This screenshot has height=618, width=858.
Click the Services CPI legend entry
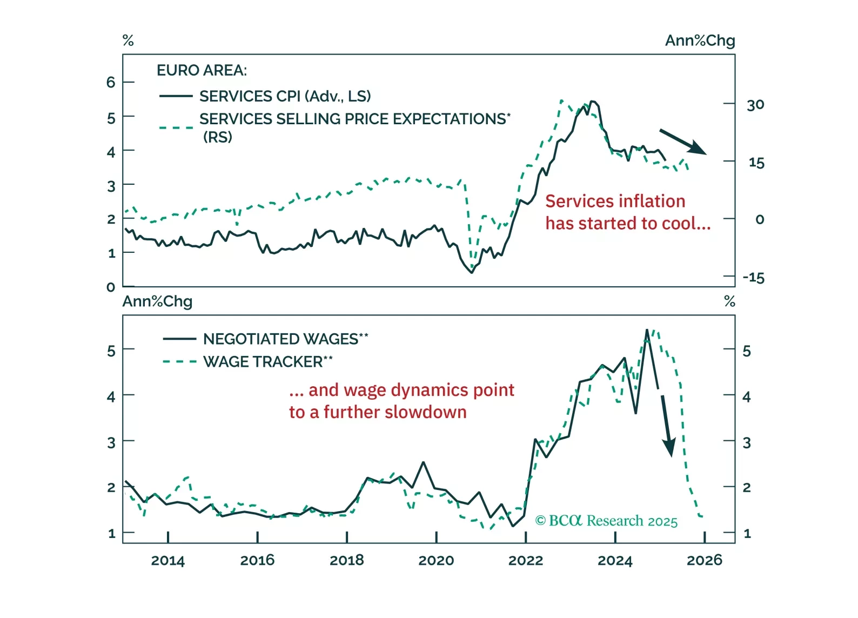point(285,96)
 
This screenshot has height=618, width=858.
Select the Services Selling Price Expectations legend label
point(354,119)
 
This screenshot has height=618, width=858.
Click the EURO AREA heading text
point(202,70)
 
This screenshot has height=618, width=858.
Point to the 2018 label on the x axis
point(346,560)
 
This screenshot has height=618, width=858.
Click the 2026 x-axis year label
point(704,560)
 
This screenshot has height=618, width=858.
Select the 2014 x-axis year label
point(167,560)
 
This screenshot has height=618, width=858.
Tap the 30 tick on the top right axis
point(755,105)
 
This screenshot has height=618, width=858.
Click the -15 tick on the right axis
point(753,278)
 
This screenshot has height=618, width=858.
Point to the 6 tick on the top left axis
point(111,82)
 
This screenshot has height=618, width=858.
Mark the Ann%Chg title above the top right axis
point(700,41)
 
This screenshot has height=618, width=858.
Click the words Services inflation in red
point(615,201)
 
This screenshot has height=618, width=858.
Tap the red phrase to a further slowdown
point(378,412)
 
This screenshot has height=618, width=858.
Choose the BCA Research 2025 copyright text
point(606,521)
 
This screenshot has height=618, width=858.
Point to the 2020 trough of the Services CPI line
point(471,272)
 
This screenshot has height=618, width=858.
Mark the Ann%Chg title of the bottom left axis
point(157,301)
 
